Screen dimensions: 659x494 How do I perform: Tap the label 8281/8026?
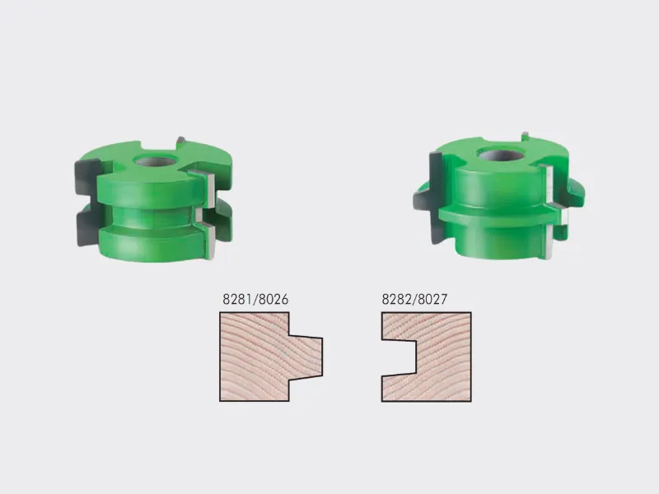255,299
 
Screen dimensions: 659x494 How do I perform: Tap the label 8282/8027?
414,299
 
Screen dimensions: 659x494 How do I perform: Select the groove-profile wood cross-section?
427,357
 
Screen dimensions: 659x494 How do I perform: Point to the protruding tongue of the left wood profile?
306,357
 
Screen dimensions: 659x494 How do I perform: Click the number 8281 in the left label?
237,299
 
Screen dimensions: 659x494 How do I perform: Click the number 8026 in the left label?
273,299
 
